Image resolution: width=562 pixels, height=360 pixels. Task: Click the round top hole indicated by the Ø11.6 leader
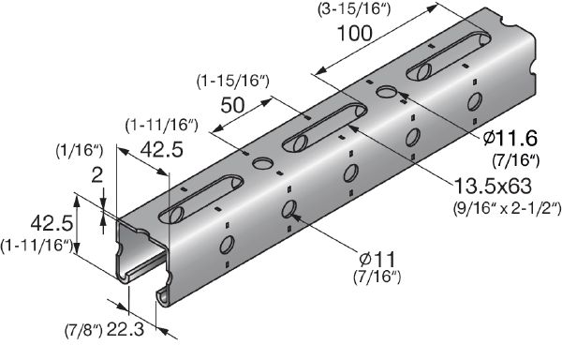point(385,92)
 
